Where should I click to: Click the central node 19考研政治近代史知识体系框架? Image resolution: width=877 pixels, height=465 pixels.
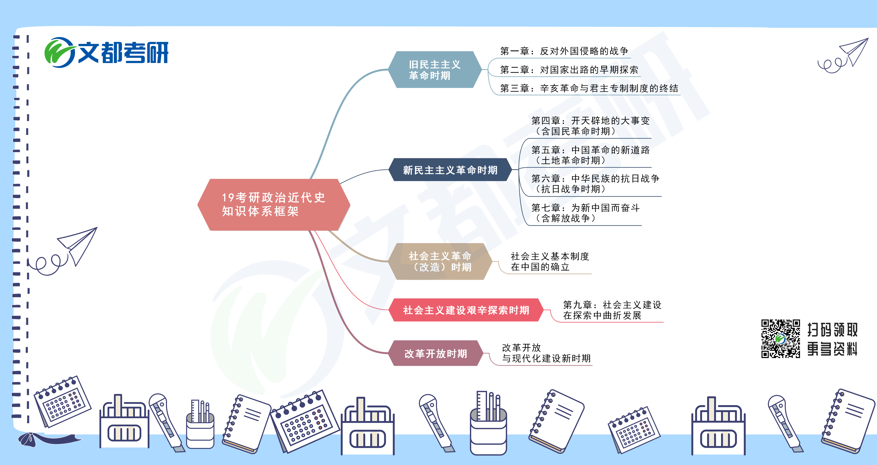tap(274, 204)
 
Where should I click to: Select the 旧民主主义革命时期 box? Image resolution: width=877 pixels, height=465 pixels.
tap(435, 70)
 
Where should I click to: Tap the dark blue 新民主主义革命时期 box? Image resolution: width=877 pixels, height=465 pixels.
tap(450, 170)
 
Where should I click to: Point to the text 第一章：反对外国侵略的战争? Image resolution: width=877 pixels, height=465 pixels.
tap(564, 51)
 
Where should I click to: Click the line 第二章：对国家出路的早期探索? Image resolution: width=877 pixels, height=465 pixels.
tap(569, 70)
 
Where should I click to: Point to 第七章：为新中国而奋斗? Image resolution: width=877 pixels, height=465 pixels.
tap(586, 208)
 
